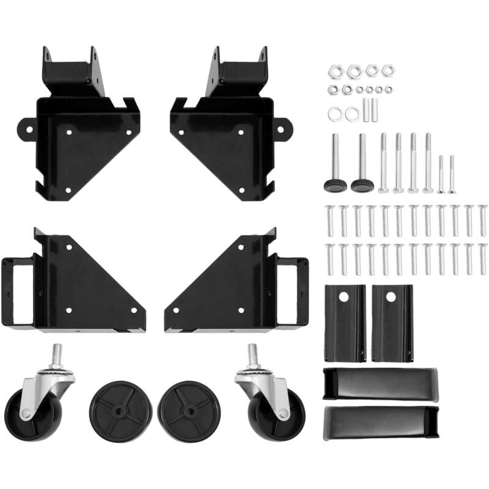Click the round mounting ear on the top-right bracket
coord(283,129)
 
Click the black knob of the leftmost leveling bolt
coord(335,185)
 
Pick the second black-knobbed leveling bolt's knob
coord(362,185)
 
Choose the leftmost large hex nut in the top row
coord(335,72)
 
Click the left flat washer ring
coord(336,114)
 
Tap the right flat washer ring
coord(352,114)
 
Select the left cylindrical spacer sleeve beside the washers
coord(366,109)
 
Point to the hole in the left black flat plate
coord(344,296)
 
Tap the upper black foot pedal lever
coord(380,384)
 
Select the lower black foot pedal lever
coord(380,422)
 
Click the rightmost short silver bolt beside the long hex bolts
coord(452,174)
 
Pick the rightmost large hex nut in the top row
coord(387,71)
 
